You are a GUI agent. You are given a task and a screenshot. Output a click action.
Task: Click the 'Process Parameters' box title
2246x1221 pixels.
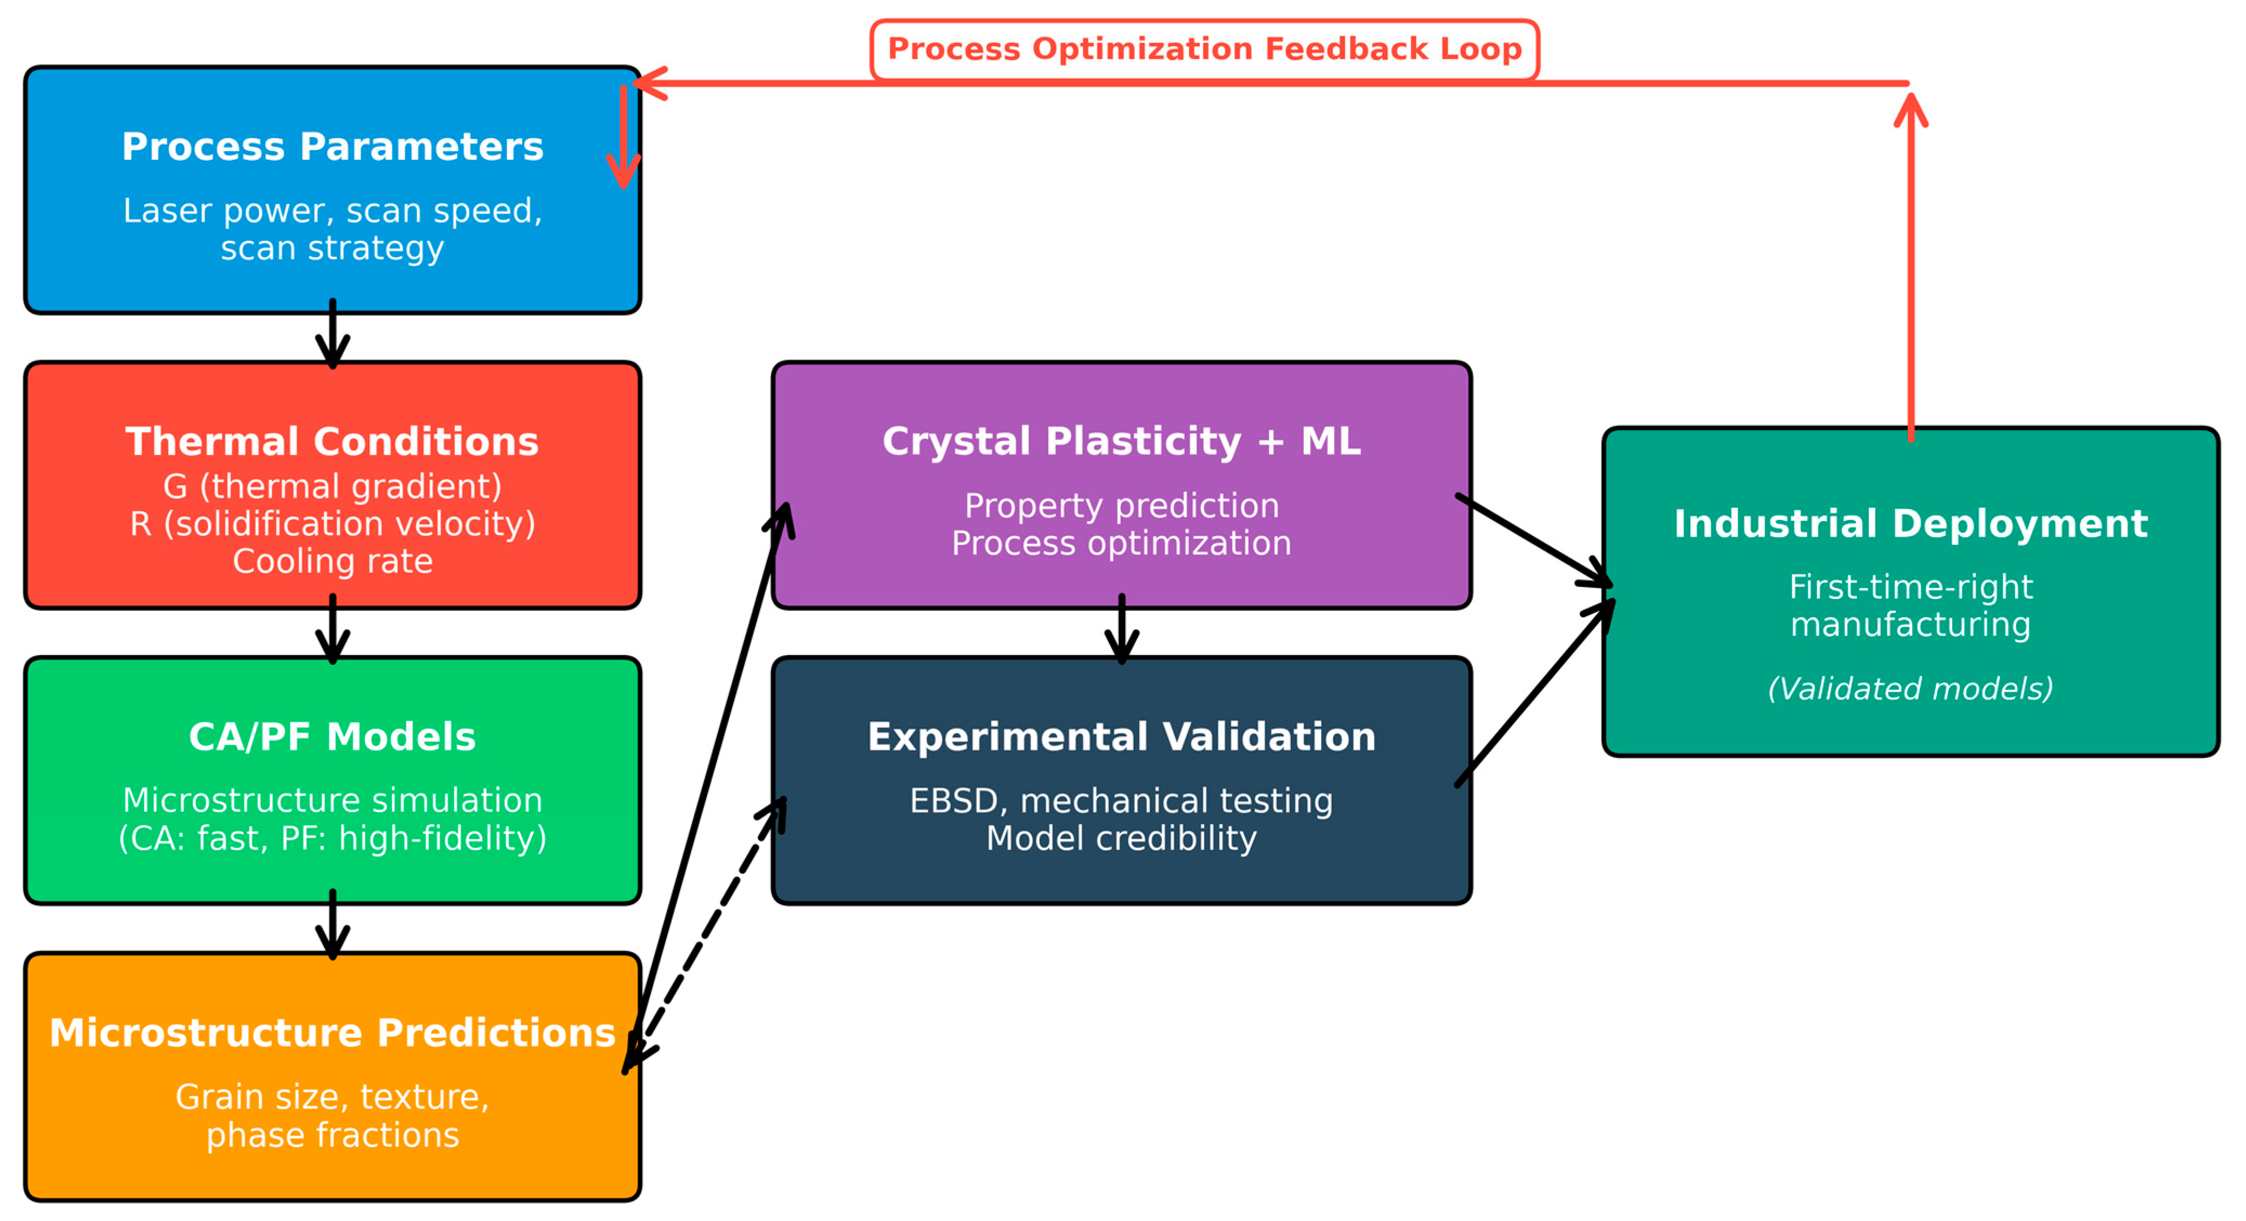point(332,147)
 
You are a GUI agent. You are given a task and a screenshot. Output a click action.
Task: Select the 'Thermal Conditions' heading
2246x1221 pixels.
point(332,441)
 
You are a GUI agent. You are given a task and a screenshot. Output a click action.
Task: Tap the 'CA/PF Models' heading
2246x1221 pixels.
point(332,737)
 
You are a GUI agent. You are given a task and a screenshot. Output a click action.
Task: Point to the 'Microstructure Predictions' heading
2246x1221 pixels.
point(332,1033)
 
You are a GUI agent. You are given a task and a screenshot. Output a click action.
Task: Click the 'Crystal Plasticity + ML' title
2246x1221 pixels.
point(1121,441)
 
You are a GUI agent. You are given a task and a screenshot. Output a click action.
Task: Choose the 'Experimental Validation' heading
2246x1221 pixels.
point(1121,737)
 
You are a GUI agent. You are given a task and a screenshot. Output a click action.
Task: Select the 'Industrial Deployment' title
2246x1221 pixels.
point(1910,523)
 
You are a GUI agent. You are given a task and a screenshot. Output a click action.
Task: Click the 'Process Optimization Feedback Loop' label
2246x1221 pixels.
point(1204,49)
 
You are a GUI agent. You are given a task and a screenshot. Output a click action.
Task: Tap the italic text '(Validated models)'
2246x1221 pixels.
point(1910,689)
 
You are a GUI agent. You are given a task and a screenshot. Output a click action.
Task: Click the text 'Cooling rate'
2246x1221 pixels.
point(332,561)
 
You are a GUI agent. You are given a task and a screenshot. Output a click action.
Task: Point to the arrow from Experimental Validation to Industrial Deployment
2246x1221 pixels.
point(1534,694)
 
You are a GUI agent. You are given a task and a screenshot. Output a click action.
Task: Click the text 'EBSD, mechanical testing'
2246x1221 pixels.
point(1121,801)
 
